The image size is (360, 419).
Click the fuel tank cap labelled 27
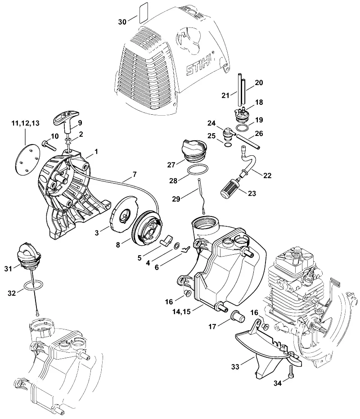[194, 151]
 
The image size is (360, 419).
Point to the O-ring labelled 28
[198, 169]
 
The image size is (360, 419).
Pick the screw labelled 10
[49, 145]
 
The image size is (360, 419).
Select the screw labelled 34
[291, 371]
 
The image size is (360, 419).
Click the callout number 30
[122, 22]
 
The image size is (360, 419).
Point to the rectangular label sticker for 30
[144, 13]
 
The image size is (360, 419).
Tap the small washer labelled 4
[177, 246]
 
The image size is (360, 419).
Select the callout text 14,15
[182, 311]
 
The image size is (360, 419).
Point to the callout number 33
[235, 367]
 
